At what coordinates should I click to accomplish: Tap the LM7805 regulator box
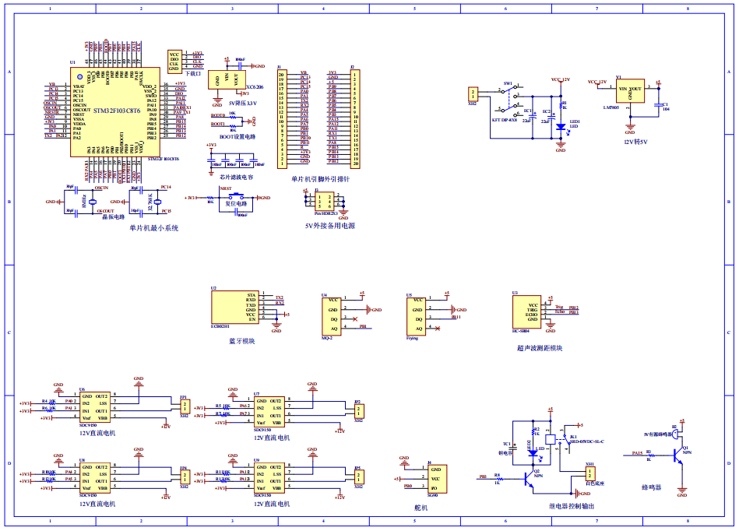(x=631, y=93)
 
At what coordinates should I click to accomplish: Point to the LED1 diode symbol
(x=560, y=125)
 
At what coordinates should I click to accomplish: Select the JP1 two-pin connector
(x=184, y=409)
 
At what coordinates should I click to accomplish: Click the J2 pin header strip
(x=355, y=119)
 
